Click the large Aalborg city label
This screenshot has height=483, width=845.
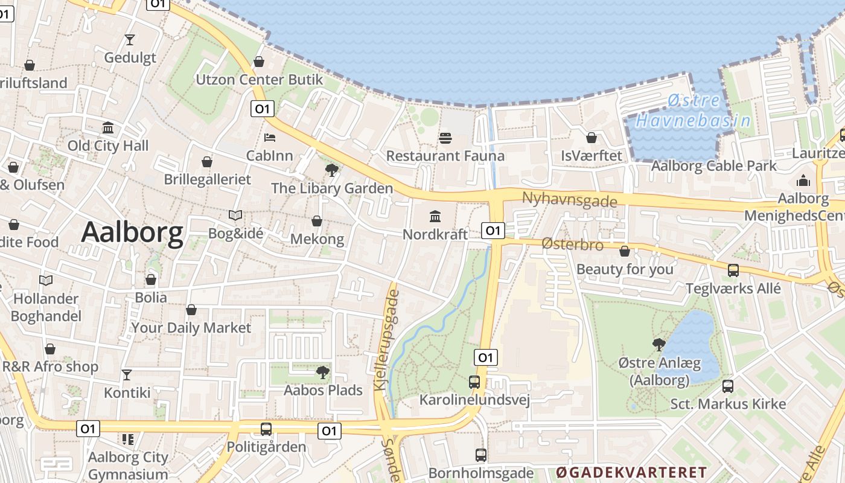132,232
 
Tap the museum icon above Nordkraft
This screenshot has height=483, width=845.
435,216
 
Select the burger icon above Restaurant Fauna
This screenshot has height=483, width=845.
445,138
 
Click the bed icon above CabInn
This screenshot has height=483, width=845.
270,138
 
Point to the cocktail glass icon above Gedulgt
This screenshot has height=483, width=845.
129,40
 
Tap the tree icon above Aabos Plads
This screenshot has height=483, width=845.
323,372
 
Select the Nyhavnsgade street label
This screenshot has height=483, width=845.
569,199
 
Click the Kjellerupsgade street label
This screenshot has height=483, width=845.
387,340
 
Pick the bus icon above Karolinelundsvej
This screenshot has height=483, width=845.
474,382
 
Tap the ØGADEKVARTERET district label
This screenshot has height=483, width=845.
631,472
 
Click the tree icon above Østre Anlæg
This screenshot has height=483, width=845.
659,344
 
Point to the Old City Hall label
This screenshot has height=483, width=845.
108,146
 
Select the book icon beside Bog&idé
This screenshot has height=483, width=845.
235,215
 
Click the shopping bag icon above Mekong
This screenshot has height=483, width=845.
317,222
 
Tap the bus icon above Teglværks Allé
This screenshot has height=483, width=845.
733,270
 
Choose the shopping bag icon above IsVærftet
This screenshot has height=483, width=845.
591,138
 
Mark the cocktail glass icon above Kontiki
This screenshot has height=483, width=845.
127,375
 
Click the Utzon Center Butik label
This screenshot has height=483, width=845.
259,80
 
